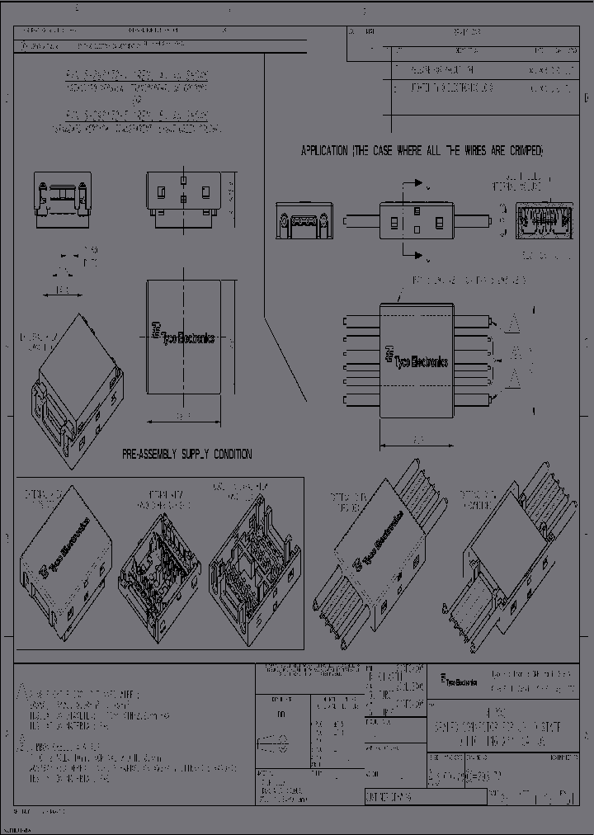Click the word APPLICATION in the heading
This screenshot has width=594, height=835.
(325, 151)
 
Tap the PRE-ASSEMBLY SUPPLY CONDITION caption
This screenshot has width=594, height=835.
(187, 454)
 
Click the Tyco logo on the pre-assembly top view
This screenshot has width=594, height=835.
(183, 333)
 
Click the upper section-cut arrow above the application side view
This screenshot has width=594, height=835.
(417, 183)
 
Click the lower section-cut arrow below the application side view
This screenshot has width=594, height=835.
(417, 252)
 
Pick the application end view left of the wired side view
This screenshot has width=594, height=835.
(303, 222)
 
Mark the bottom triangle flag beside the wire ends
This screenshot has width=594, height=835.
(512, 379)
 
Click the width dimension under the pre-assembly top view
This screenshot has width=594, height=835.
(183, 416)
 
